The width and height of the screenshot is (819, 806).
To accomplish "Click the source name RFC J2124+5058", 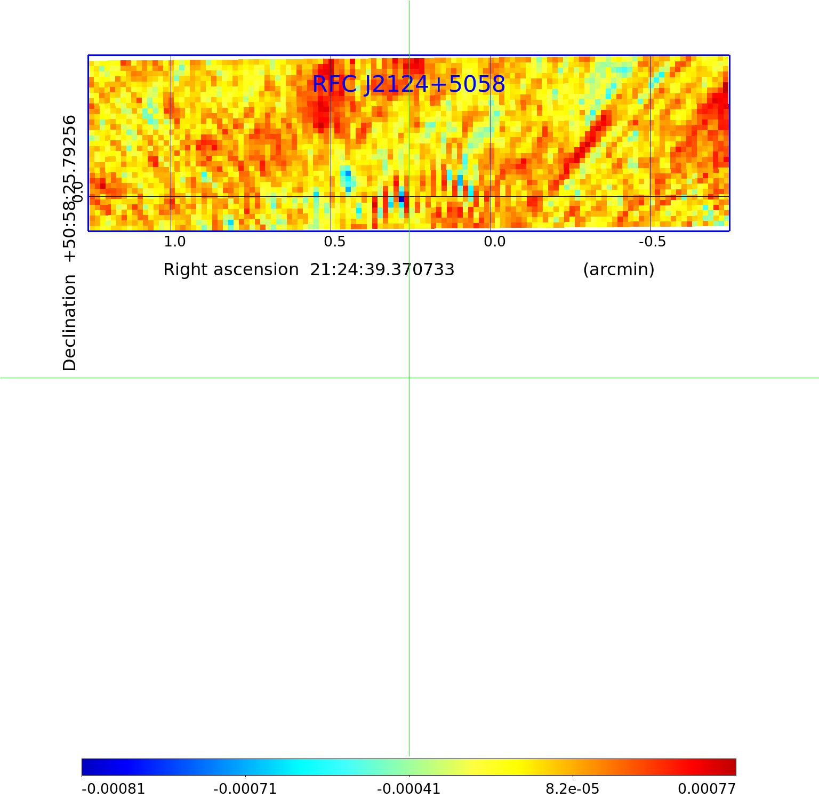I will coord(408,84).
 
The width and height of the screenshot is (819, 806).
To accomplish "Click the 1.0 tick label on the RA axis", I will coord(174,242).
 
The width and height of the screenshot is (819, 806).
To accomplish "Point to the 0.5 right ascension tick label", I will coord(334,242).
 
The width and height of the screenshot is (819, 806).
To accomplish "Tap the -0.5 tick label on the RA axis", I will coord(652,242).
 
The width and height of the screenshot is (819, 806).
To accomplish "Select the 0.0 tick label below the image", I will coord(494,242).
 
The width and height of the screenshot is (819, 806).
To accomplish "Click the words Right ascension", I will coord(231,269).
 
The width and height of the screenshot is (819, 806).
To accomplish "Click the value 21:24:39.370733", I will coord(382,269).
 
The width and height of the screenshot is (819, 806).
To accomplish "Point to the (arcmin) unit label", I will coord(619,269).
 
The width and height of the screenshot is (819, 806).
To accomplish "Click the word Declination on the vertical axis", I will coord(70,323).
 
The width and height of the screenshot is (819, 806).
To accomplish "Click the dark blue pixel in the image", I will coord(402,199).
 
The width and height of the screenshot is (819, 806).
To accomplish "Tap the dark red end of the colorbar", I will coord(730,767).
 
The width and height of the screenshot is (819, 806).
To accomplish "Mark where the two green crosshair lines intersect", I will coord(409,378).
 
